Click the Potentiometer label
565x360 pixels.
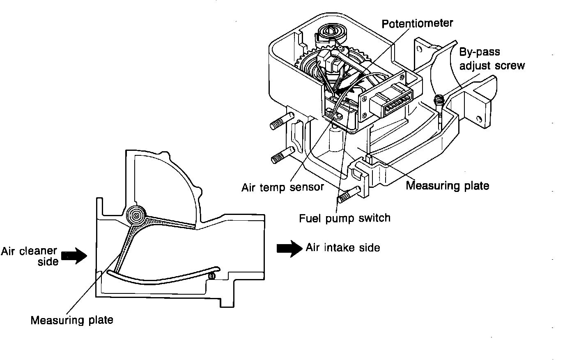(x=417, y=23)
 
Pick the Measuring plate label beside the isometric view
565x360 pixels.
(x=447, y=186)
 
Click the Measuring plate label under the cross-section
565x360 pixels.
(x=71, y=320)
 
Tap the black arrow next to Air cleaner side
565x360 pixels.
(x=74, y=256)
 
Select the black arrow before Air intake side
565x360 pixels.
(x=289, y=248)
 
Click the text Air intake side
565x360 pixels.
(x=343, y=247)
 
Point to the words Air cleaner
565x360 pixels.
(x=28, y=251)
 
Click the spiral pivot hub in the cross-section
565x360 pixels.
(x=136, y=214)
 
